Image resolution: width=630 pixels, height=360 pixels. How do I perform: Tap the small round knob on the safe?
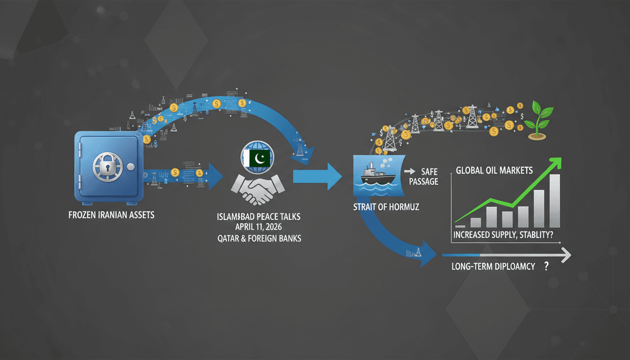tap(131, 167)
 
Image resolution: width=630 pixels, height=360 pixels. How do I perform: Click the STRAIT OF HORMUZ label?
tap(385, 207)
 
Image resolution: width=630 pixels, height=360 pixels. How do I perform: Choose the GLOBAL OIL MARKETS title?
tap(494, 171)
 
